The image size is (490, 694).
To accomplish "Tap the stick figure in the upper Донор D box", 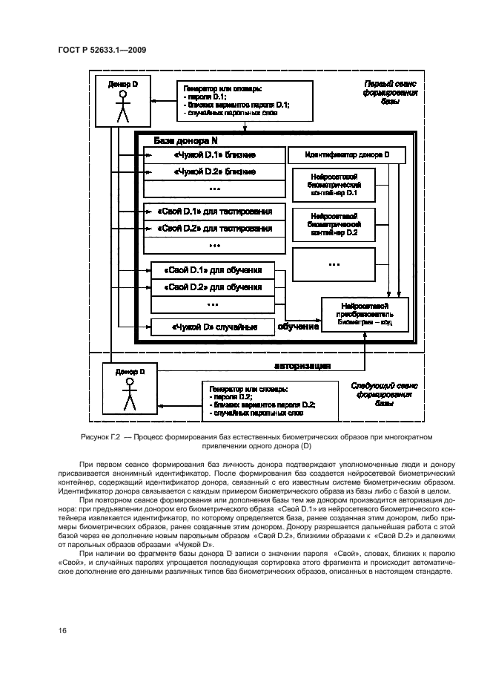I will pos(122,107).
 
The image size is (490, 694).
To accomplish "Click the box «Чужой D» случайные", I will pos(213,327).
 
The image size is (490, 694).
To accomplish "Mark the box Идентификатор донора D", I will pos(346,155).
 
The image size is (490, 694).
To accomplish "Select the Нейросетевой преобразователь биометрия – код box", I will pos(364,315).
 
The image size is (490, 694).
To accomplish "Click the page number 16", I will pos(63,631).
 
